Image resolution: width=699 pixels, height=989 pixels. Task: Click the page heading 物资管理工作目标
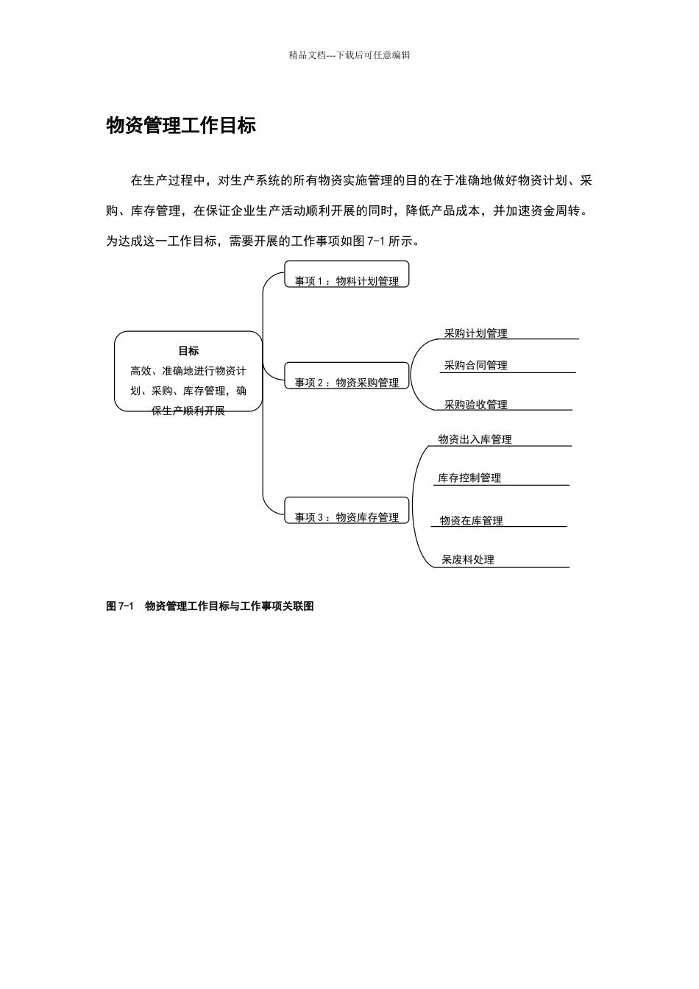pos(181,126)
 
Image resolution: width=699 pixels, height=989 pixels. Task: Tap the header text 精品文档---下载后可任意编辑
pos(349,54)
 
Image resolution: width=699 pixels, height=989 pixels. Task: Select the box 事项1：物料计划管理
pos(347,280)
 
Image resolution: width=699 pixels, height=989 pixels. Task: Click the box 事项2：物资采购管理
pos(347,382)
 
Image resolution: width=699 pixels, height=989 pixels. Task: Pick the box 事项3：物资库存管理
pos(347,517)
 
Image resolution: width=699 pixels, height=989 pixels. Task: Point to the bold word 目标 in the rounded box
pos(188,351)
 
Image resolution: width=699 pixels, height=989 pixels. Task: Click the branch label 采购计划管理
pos(475,333)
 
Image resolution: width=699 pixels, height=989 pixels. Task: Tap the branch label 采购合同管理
pos(475,365)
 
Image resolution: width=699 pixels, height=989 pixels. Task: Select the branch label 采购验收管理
pos(475,405)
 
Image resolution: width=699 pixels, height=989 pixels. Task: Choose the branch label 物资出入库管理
pos(475,439)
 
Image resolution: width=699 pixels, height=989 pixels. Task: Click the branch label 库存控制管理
pos(469,478)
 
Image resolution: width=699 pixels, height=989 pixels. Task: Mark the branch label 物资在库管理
pos(471,520)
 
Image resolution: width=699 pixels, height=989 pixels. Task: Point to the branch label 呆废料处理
pos(467,559)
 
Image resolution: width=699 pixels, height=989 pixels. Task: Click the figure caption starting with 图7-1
pos(210,606)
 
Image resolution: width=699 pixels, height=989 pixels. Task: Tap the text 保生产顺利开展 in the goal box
pos(188,411)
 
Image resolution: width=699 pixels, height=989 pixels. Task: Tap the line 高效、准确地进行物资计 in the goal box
pos(188,371)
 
